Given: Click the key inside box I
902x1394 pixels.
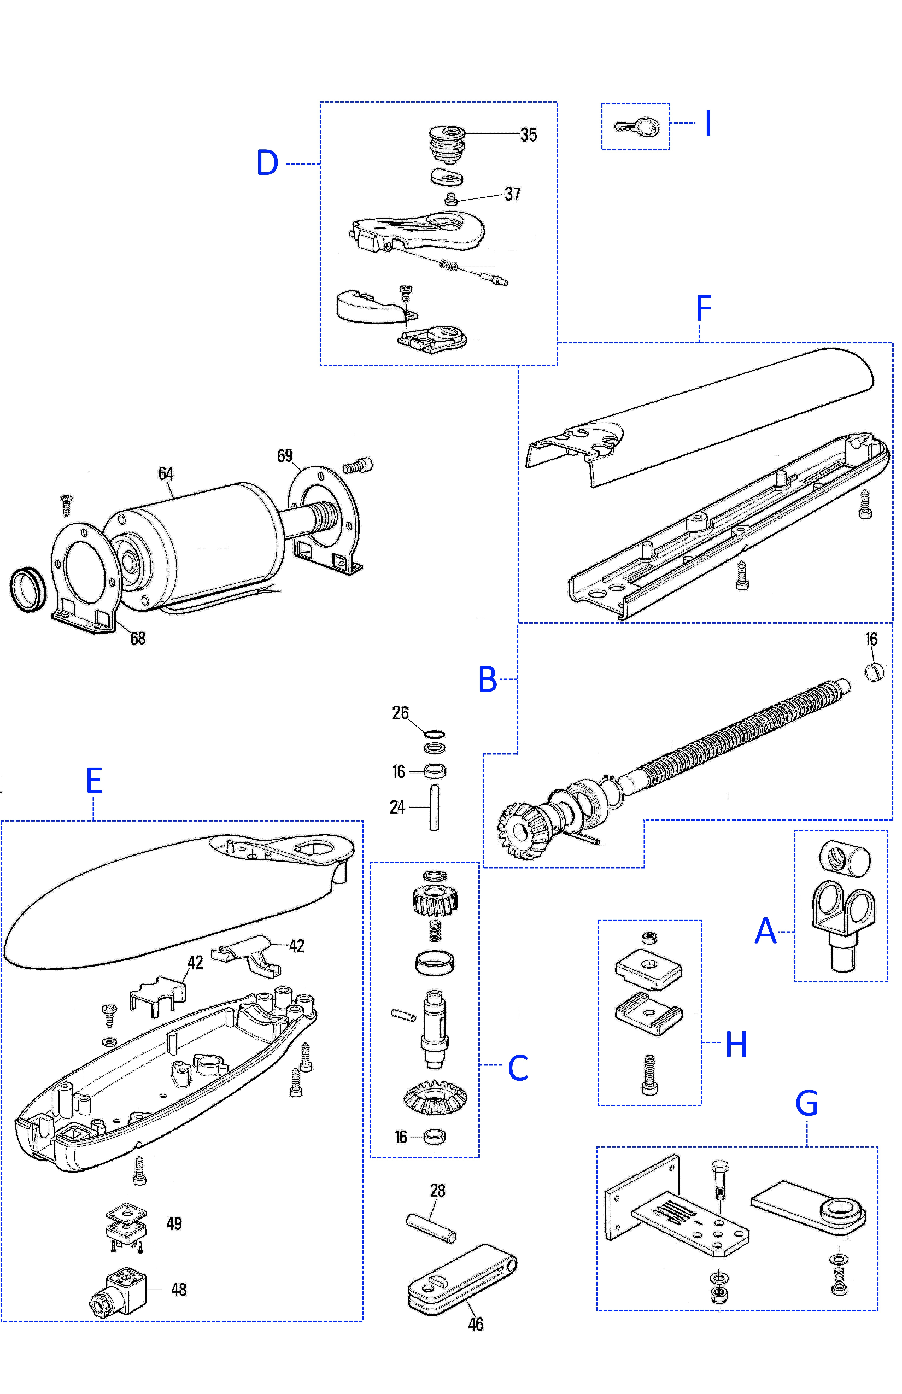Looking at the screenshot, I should click(637, 126).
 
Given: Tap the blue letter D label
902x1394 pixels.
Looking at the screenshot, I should click(267, 163).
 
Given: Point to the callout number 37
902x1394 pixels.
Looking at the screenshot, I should click(513, 194).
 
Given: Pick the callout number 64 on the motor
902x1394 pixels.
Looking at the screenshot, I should click(166, 474).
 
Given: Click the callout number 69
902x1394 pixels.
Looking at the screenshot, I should click(285, 456).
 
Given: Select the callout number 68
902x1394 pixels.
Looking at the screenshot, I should click(138, 639).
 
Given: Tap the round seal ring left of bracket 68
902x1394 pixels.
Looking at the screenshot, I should click(27, 589).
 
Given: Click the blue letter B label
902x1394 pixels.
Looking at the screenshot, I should click(487, 680).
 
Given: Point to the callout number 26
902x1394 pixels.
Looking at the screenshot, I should click(400, 713).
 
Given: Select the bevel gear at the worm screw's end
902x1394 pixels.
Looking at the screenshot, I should click(518, 829).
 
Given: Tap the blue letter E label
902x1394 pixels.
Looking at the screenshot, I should click(93, 781).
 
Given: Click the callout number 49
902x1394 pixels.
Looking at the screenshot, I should click(174, 1223).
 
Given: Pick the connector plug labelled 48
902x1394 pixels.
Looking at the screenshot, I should click(119, 1294).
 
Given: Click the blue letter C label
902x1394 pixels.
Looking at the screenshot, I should click(518, 1068).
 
